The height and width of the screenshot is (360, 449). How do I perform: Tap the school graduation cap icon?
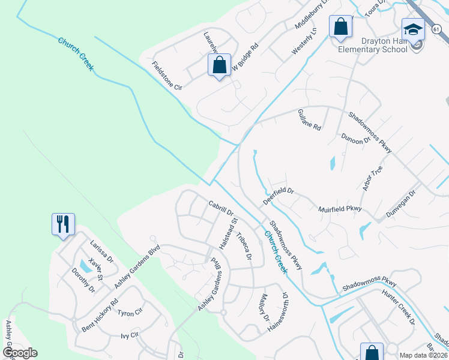pyautogui.click(x=413, y=29)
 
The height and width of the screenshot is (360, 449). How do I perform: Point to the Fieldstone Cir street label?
pyautogui.click(x=167, y=76)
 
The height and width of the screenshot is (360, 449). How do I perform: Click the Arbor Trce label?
pyautogui.click(x=372, y=179)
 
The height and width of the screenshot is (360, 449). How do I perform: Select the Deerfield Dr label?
pyautogui.click(x=277, y=195)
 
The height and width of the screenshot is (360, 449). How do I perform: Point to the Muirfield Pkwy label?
pyautogui.click(x=340, y=209)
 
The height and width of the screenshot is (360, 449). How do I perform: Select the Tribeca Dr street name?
pyautogui.click(x=243, y=246)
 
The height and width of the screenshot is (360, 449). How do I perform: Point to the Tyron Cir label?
pyautogui.click(x=129, y=313)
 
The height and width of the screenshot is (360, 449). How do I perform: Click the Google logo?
pyautogui.click(x=20, y=353)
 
